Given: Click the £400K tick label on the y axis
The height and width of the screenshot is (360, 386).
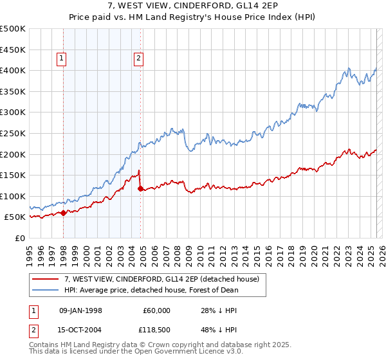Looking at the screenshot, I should (x=13, y=70).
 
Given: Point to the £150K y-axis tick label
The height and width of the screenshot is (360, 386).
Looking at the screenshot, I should (x=13, y=175).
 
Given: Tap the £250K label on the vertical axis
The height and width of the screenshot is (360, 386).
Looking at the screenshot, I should (x=13, y=133).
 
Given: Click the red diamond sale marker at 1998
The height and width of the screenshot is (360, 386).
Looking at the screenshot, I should (x=64, y=213).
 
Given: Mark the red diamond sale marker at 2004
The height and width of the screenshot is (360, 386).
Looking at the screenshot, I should (x=141, y=188).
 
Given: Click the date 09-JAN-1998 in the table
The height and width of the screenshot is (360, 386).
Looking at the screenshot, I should (x=80, y=310).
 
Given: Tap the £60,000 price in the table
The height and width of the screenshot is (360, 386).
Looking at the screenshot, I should (x=157, y=310).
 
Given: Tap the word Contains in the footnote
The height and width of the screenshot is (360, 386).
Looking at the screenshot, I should (x=44, y=345).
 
